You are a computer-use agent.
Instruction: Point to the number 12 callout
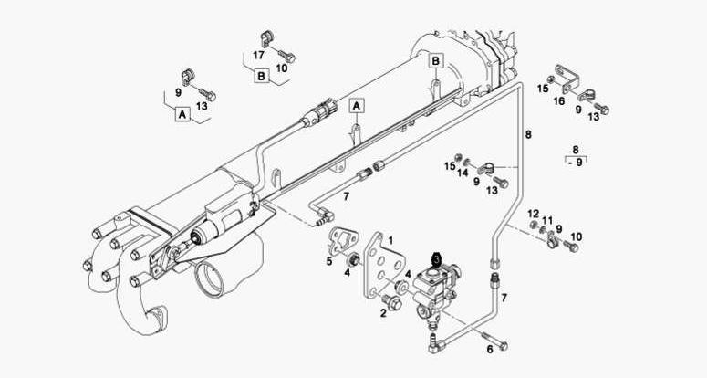pyautogui.click(x=534, y=213)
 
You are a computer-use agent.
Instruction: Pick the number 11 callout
pyautogui.click(x=546, y=220)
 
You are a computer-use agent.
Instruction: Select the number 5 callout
pyautogui.click(x=329, y=260)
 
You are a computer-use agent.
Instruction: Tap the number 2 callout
pyautogui.click(x=383, y=312)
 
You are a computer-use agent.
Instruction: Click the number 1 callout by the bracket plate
pyautogui.click(x=390, y=238)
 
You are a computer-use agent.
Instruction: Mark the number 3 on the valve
pyautogui.click(x=437, y=259)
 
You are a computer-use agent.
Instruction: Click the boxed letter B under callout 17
pyautogui.click(x=261, y=77)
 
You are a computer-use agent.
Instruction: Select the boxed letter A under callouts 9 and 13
pyautogui.click(x=182, y=115)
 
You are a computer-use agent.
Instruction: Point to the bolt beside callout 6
pyautogui.click(x=498, y=346)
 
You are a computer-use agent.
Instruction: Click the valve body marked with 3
pyautogui.click(x=436, y=288)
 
